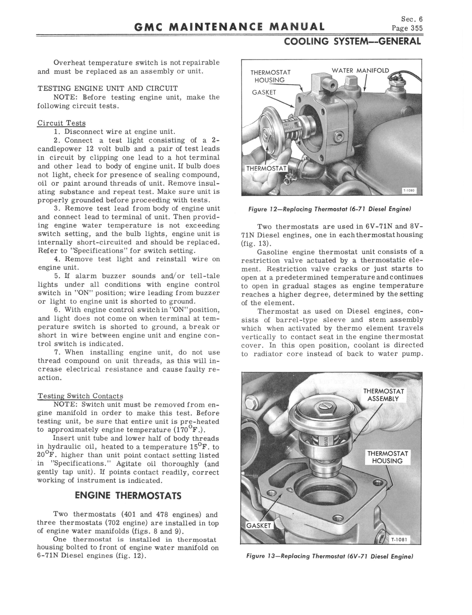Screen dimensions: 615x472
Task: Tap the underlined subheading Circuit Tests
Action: [61, 123]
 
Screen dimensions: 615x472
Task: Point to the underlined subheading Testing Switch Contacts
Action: [80, 396]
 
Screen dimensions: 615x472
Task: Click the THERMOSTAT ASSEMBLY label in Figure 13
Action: [383, 395]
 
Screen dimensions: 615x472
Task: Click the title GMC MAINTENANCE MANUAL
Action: [229, 27]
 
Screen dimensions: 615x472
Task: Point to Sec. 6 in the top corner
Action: [412, 19]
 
